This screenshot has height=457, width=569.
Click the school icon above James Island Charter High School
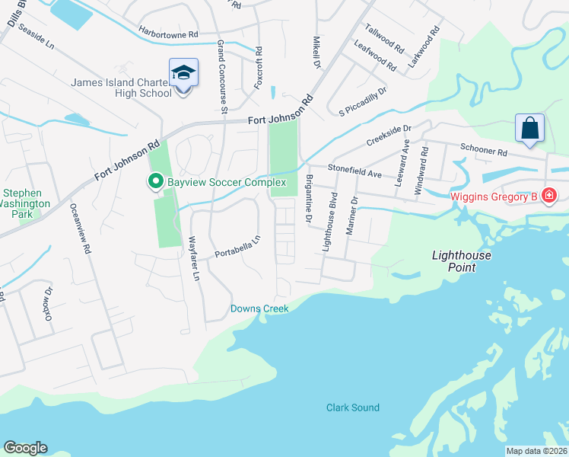(x=183, y=73)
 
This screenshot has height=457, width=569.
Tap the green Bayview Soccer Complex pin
(x=155, y=181)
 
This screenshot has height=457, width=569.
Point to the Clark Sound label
(x=353, y=407)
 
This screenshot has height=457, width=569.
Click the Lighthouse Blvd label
(x=329, y=222)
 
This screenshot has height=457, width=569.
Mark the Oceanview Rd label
(x=80, y=228)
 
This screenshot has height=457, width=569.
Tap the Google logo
(x=25, y=448)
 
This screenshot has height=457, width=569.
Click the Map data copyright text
(x=536, y=451)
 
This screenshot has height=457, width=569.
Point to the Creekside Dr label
(x=389, y=136)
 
